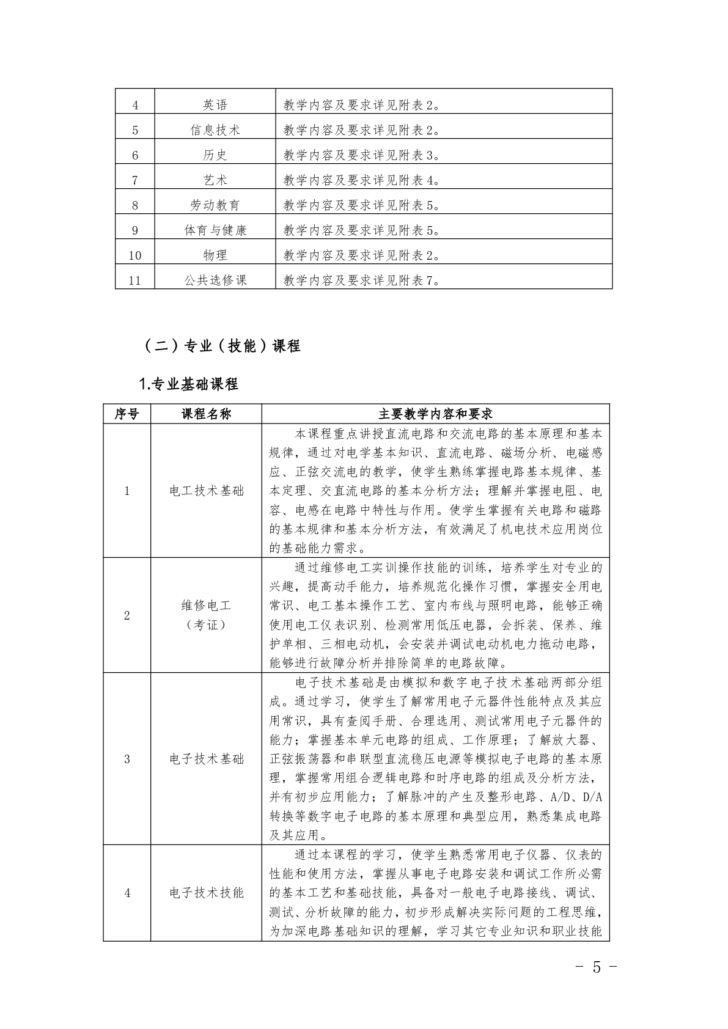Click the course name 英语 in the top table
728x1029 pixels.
215,105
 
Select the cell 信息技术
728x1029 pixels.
215,130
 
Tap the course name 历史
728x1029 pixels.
215,155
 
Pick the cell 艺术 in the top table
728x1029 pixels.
215,180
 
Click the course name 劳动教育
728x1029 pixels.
215,205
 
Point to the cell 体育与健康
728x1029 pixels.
215,230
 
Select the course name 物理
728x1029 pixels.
215,255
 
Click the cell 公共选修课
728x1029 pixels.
215,280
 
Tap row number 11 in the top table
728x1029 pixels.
135,281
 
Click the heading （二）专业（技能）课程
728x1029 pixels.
221,346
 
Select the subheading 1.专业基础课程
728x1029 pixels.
189,384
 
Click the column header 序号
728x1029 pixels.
127,414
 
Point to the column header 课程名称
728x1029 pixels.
207,414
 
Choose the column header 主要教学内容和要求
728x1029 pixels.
435,414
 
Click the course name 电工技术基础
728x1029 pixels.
207,491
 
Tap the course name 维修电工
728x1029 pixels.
207,606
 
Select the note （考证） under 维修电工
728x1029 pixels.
207,625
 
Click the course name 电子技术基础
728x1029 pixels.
207,759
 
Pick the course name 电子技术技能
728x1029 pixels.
207,893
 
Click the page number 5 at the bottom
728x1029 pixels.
597,967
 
